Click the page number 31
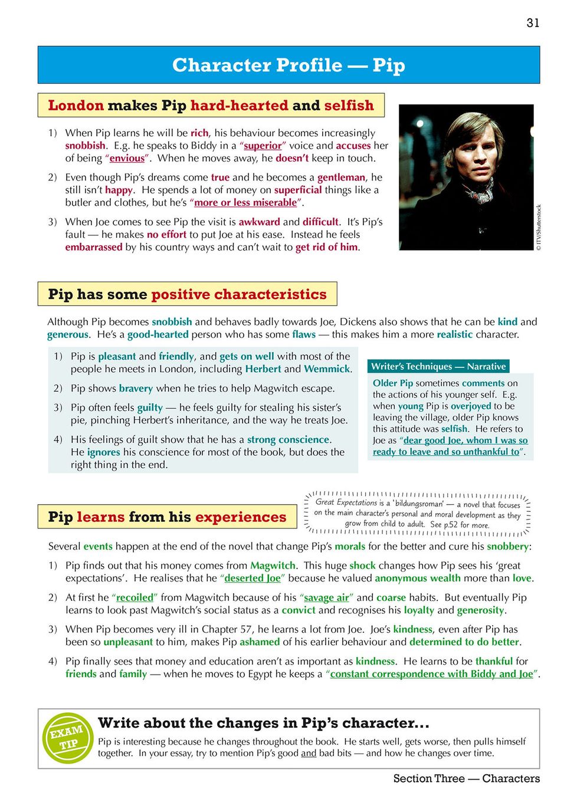point(532,23)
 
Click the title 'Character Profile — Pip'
point(289,65)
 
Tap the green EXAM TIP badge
point(67,738)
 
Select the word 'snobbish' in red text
point(86,146)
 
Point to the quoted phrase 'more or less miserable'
point(245,203)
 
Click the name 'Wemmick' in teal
point(327,369)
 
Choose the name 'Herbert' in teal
point(263,369)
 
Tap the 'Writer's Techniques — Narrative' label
point(438,366)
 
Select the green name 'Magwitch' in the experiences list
point(273,566)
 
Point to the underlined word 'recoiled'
point(135,597)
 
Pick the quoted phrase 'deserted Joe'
point(253,579)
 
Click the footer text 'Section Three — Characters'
point(466,778)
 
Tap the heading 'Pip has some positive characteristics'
point(187,294)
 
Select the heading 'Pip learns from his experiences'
point(167,517)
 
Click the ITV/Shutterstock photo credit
point(538,228)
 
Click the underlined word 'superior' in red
point(263,146)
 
